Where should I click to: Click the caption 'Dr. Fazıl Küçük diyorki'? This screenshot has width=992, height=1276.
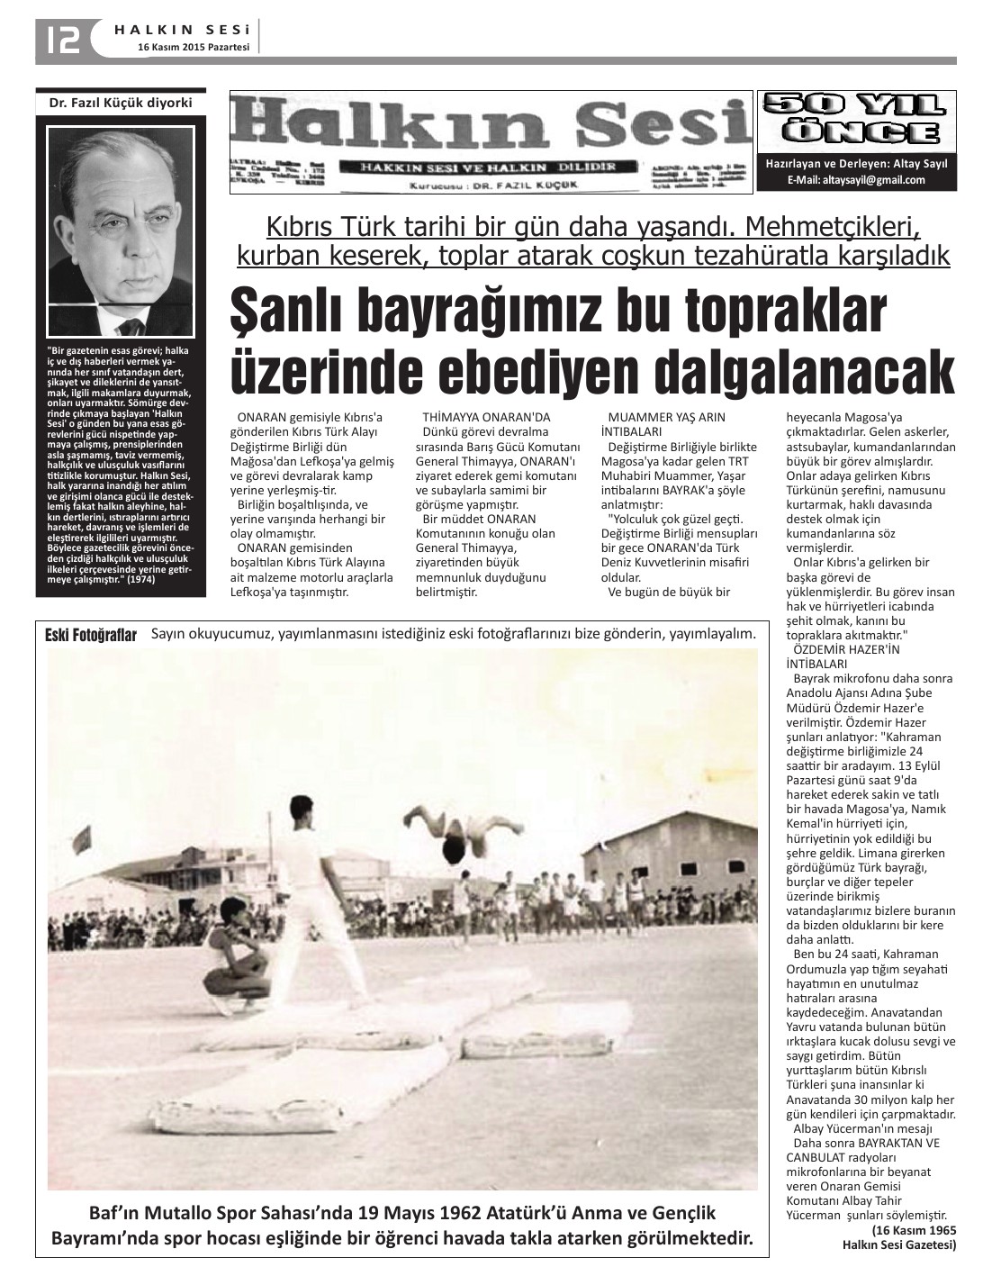click(121, 103)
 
